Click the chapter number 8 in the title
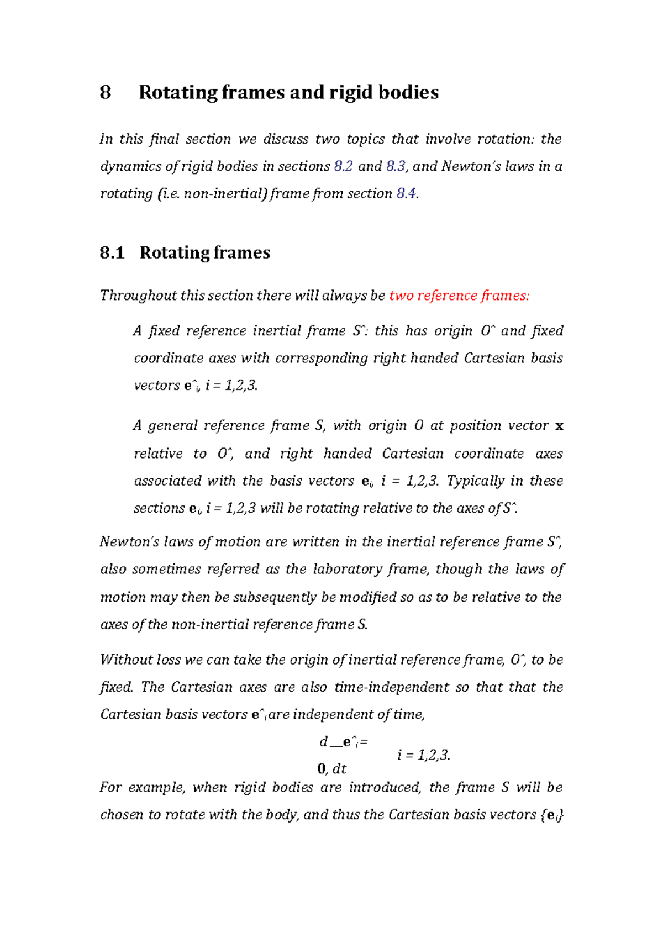(106, 92)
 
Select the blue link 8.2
(343, 166)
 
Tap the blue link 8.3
(396, 166)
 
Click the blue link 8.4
(407, 194)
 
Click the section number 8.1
(112, 253)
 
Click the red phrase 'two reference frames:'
(459, 296)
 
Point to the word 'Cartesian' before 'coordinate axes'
(413, 454)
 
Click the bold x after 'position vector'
(559, 426)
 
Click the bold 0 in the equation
(322, 769)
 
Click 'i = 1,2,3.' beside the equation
(424, 756)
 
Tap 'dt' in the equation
(339, 769)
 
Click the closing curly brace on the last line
(561, 815)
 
